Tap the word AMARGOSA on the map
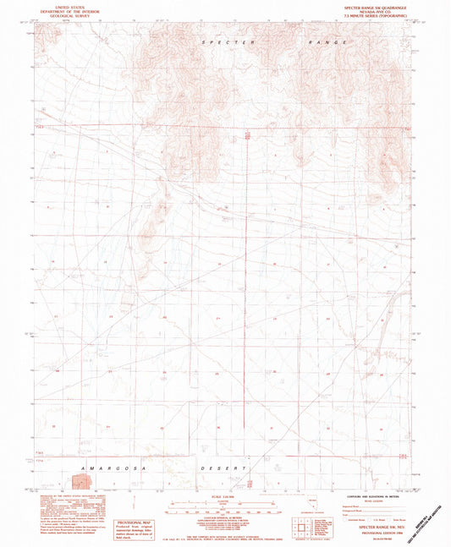click(x=107, y=467)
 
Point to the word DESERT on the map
click(x=229, y=467)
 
